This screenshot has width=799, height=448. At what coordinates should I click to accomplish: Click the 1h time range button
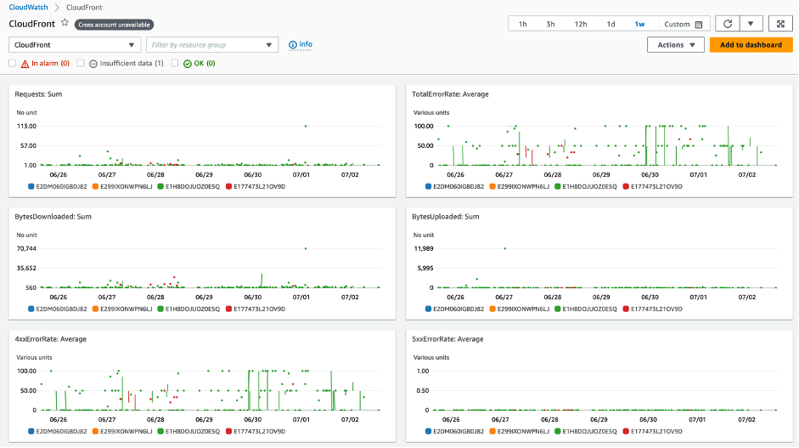point(522,25)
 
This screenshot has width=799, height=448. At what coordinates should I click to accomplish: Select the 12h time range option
point(580,25)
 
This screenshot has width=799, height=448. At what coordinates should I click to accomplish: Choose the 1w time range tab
point(639,25)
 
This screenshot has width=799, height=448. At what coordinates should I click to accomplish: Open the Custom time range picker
point(684,25)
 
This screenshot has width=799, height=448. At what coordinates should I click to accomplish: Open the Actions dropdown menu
point(675,45)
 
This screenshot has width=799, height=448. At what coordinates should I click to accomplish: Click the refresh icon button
point(728,25)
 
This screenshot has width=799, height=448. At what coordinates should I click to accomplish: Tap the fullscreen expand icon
point(780,25)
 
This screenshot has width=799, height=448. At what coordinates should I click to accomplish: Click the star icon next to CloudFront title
point(65,23)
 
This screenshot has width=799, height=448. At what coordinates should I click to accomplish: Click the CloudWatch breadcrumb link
point(29,7)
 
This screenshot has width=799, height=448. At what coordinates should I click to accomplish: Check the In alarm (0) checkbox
point(13,63)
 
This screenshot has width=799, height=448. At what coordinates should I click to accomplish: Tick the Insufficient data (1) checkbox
point(81,63)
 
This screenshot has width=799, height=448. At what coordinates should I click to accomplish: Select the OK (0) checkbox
point(175,63)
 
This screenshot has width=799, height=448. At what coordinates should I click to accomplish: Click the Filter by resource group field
point(211,45)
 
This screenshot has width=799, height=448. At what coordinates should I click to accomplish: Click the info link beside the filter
point(301,44)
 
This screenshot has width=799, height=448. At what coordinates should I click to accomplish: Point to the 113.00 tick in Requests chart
point(26,126)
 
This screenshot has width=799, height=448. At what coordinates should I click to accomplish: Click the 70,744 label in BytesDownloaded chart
point(26,248)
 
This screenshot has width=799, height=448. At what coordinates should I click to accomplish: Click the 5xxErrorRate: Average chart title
point(447,339)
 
